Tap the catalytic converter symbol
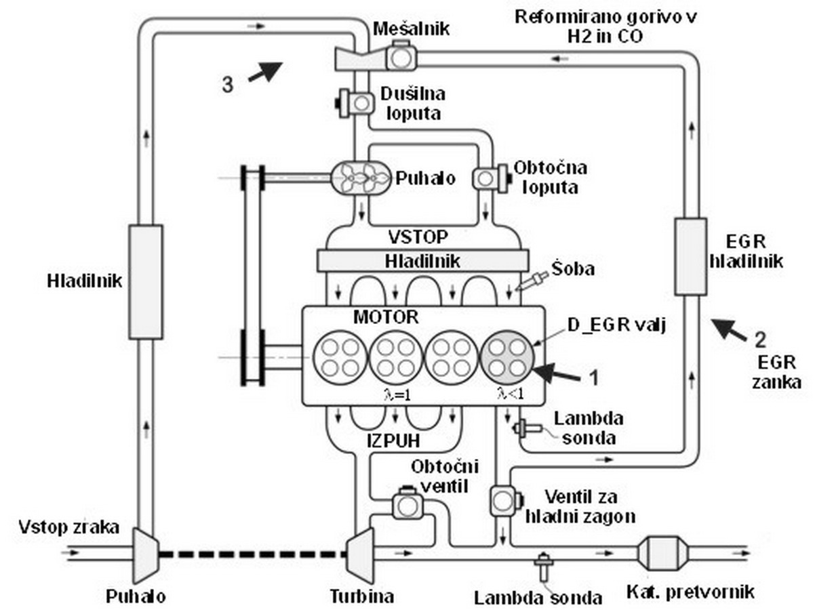point(663,552)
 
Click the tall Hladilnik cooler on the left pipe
point(146,282)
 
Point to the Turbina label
point(362,596)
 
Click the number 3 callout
point(228,85)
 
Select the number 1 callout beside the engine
point(594,378)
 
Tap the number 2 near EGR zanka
point(760,340)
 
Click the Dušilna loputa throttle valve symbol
point(356,103)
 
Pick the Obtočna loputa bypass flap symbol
point(490,178)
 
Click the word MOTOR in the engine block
point(386,317)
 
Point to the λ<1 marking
point(511,394)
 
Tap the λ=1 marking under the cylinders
point(397,396)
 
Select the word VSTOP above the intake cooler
point(418,237)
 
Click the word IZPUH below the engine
point(393,441)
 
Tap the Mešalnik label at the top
point(411,29)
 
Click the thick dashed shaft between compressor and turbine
point(252,554)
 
